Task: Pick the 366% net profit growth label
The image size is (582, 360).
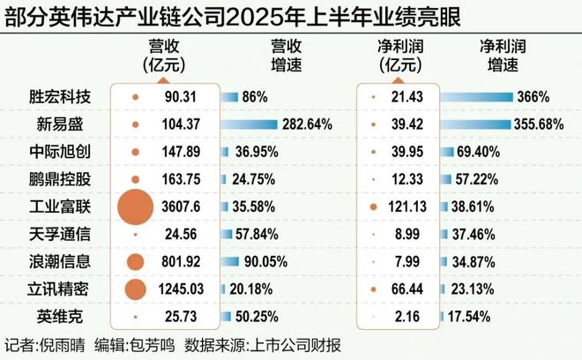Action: click(x=533, y=97)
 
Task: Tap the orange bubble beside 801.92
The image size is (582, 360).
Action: click(x=136, y=261)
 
